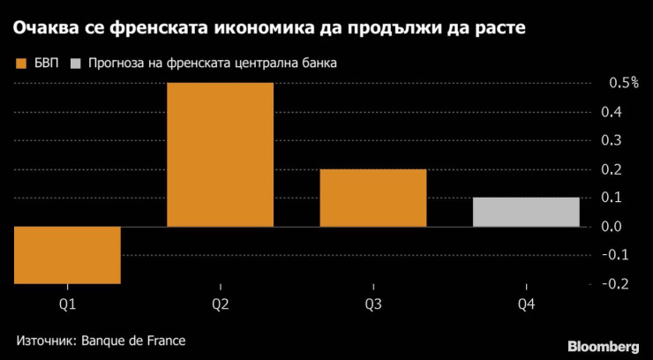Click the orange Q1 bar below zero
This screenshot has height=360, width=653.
coord(67,255)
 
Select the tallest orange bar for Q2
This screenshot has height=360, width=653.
coord(220,154)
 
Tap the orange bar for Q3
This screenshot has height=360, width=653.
coord(373,198)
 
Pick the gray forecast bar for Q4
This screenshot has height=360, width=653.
coord(526,212)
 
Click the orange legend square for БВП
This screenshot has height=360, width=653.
coord(20,64)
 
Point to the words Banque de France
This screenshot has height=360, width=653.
coord(134,340)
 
